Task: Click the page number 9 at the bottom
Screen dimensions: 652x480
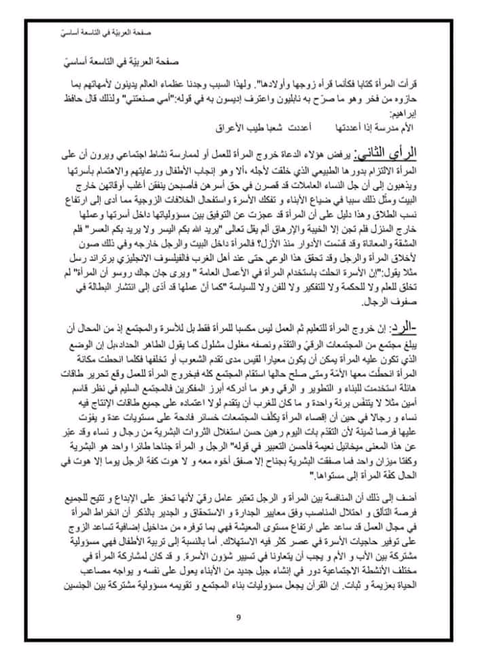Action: [x=239, y=617]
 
